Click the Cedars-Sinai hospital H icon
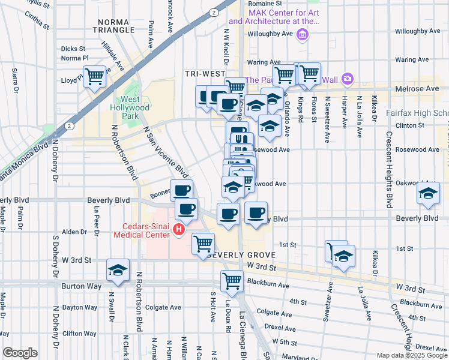click(178, 230)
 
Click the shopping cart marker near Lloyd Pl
click(95, 77)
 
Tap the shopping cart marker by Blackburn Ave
click(232, 280)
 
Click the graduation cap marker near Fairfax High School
click(428, 193)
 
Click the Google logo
click(20, 353)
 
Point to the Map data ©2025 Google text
click(411, 355)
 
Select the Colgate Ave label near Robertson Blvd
click(163, 307)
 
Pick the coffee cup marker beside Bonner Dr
click(182, 190)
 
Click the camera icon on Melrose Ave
click(346, 79)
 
